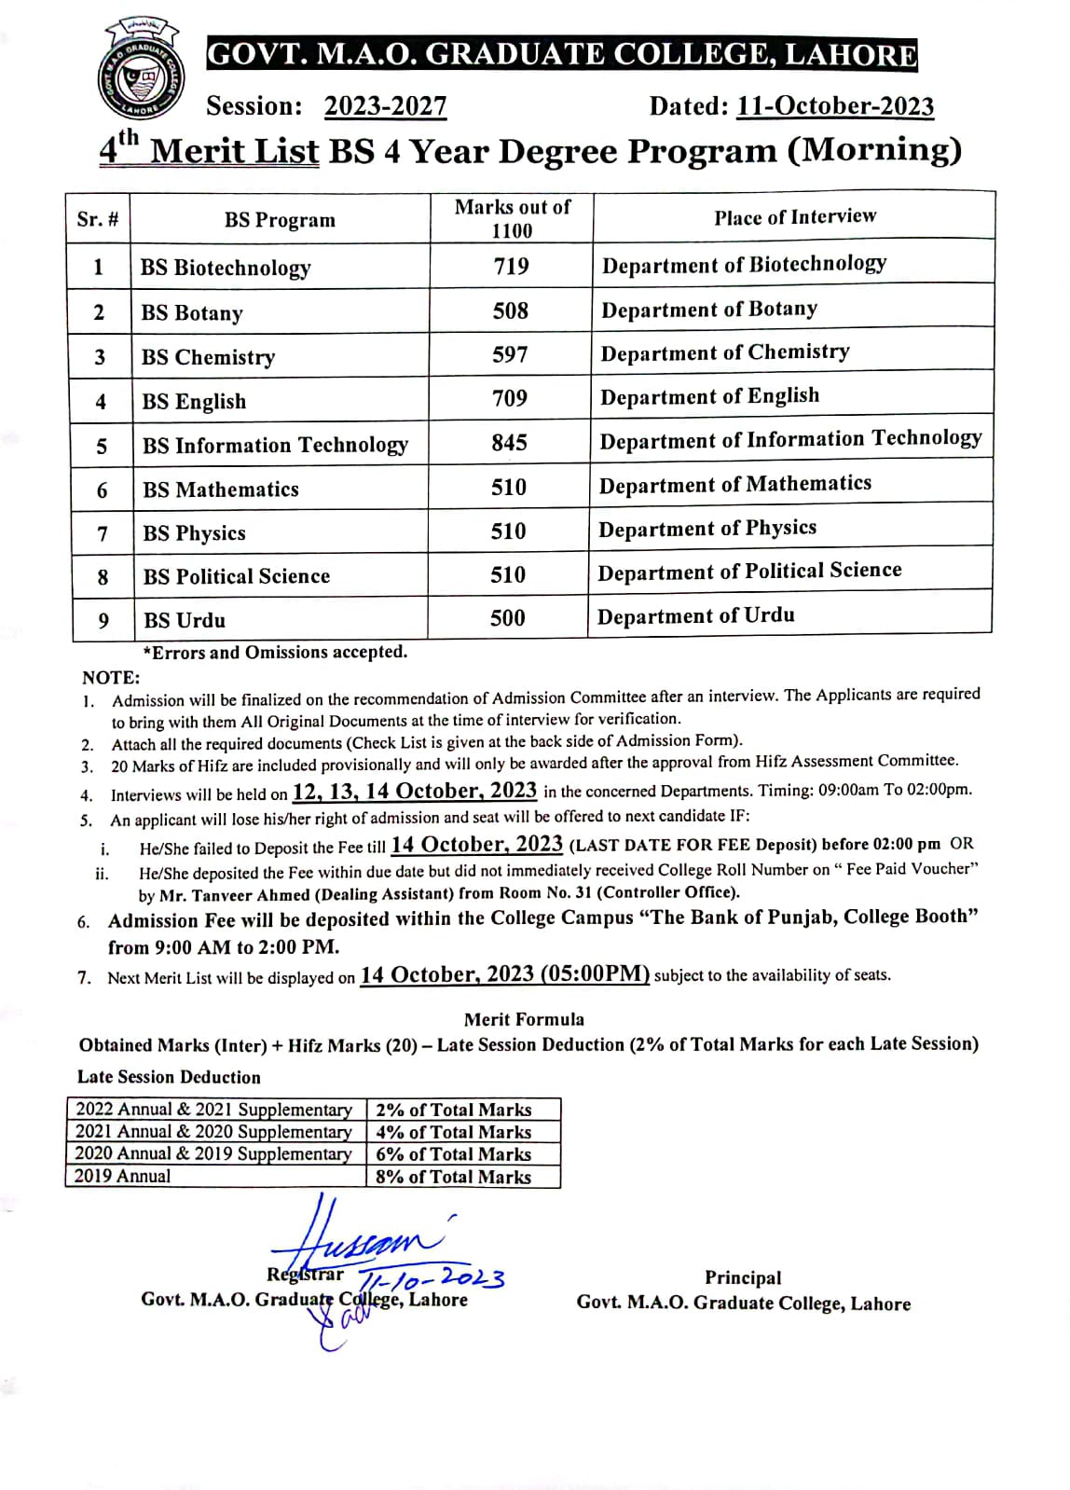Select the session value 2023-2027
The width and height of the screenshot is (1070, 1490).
click(x=385, y=106)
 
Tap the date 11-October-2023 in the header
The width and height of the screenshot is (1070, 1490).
click(x=834, y=106)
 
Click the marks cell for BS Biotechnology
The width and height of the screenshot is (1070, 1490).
click(x=511, y=267)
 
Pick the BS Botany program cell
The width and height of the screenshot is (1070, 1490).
click(x=192, y=313)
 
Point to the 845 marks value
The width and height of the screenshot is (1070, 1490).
click(x=509, y=443)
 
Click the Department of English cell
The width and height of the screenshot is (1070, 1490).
click(x=709, y=397)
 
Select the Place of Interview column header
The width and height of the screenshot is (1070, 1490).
click(x=794, y=217)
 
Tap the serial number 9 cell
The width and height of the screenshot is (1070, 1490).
click(x=103, y=621)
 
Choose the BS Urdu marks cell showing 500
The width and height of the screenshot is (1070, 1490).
click(x=507, y=618)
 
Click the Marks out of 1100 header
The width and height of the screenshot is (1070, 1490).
click(x=512, y=219)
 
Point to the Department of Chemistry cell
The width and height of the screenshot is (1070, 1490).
click(x=724, y=352)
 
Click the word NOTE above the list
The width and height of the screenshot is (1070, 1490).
click(x=110, y=678)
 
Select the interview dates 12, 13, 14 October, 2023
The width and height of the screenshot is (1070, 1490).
click(x=414, y=792)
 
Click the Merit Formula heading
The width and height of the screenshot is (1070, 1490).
click(x=524, y=1019)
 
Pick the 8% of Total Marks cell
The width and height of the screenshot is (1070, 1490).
click(x=453, y=1177)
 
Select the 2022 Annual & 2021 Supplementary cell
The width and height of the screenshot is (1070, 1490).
click(x=213, y=1110)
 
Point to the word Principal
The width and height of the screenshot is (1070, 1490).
click(x=742, y=1277)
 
